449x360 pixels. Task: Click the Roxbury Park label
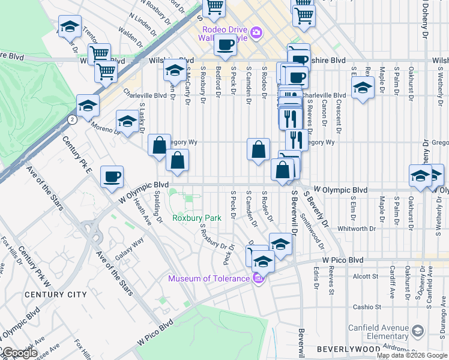[x=196, y=218]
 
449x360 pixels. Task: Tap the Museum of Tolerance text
[x=208, y=278]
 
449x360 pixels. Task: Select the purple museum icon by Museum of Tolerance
[x=259, y=278]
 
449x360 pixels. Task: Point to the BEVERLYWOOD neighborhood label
[x=342, y=349]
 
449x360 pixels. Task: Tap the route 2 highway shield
[x=72, y=119]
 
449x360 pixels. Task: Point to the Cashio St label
[x=364, y=307]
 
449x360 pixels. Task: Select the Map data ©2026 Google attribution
[x=412, y=355]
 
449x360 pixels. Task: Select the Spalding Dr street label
[x=157, y=206]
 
